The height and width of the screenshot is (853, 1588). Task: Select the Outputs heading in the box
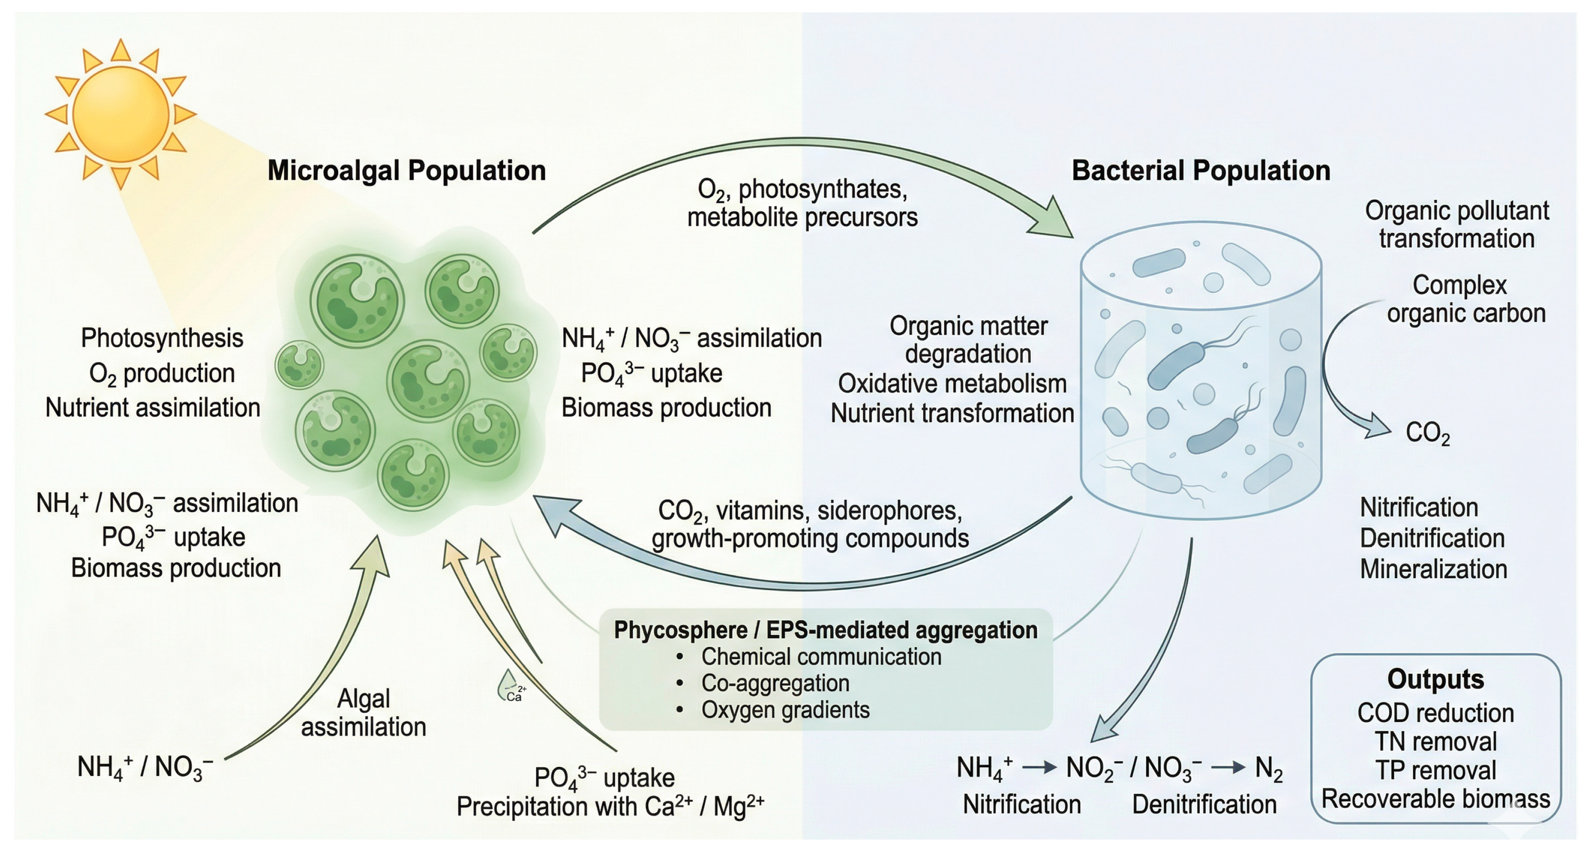point(1436,679)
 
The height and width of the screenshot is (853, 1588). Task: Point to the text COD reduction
point(1436,713)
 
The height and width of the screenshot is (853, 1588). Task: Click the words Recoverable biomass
point(1436,799)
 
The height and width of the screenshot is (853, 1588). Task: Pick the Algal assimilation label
point(364,712)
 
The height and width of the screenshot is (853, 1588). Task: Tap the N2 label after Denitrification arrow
point(1268,768)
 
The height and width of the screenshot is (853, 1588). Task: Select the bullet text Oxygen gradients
point(785,710)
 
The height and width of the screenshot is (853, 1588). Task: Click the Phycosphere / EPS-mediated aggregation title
point(826,630)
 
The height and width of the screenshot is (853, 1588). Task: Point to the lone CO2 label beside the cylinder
point(1427,433)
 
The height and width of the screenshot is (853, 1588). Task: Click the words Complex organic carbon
point(1466,299)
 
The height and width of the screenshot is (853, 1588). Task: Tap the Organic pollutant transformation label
point(1456,224)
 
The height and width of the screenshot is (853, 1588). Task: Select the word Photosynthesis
point(162,338)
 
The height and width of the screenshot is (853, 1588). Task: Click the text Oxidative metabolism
point(952,384)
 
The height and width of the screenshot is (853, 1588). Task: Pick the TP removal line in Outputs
point(1436,770)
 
